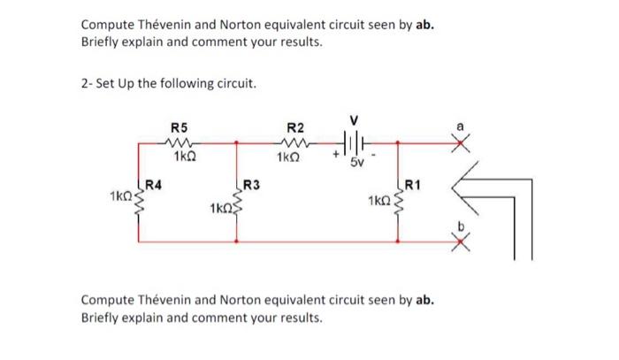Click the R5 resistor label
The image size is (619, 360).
click(x=179, y=126)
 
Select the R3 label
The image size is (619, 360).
click(x=251, y=185)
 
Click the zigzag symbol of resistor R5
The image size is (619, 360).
click(x=180, y=141)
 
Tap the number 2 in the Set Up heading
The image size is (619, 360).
click(x=84, y=84)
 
